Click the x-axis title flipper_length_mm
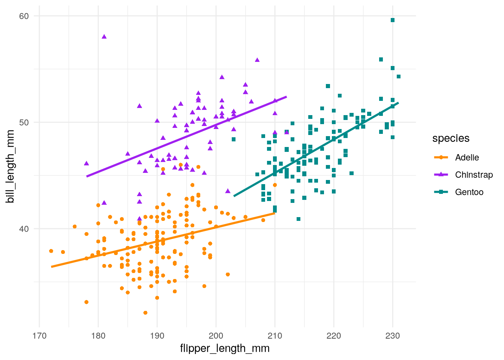click(225, 348)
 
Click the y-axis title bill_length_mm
click(10, 166)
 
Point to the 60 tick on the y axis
click(24, 16)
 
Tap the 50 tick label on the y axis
click(24, 123)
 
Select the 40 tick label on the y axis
click(24, 229)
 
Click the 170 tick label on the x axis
click(39, 336)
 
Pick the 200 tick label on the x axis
click(216, 336)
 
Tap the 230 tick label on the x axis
click(393, 336)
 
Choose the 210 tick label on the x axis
click(275, 336)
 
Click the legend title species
click(451, 138)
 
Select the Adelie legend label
click(467, 157)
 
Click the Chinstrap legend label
click(474, 175)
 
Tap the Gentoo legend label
click(469, 192)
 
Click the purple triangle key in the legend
click(441, 175)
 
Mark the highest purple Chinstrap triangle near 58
click(104, 37)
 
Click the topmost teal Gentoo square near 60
click(393, 20)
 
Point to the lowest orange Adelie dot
click(145, 313)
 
